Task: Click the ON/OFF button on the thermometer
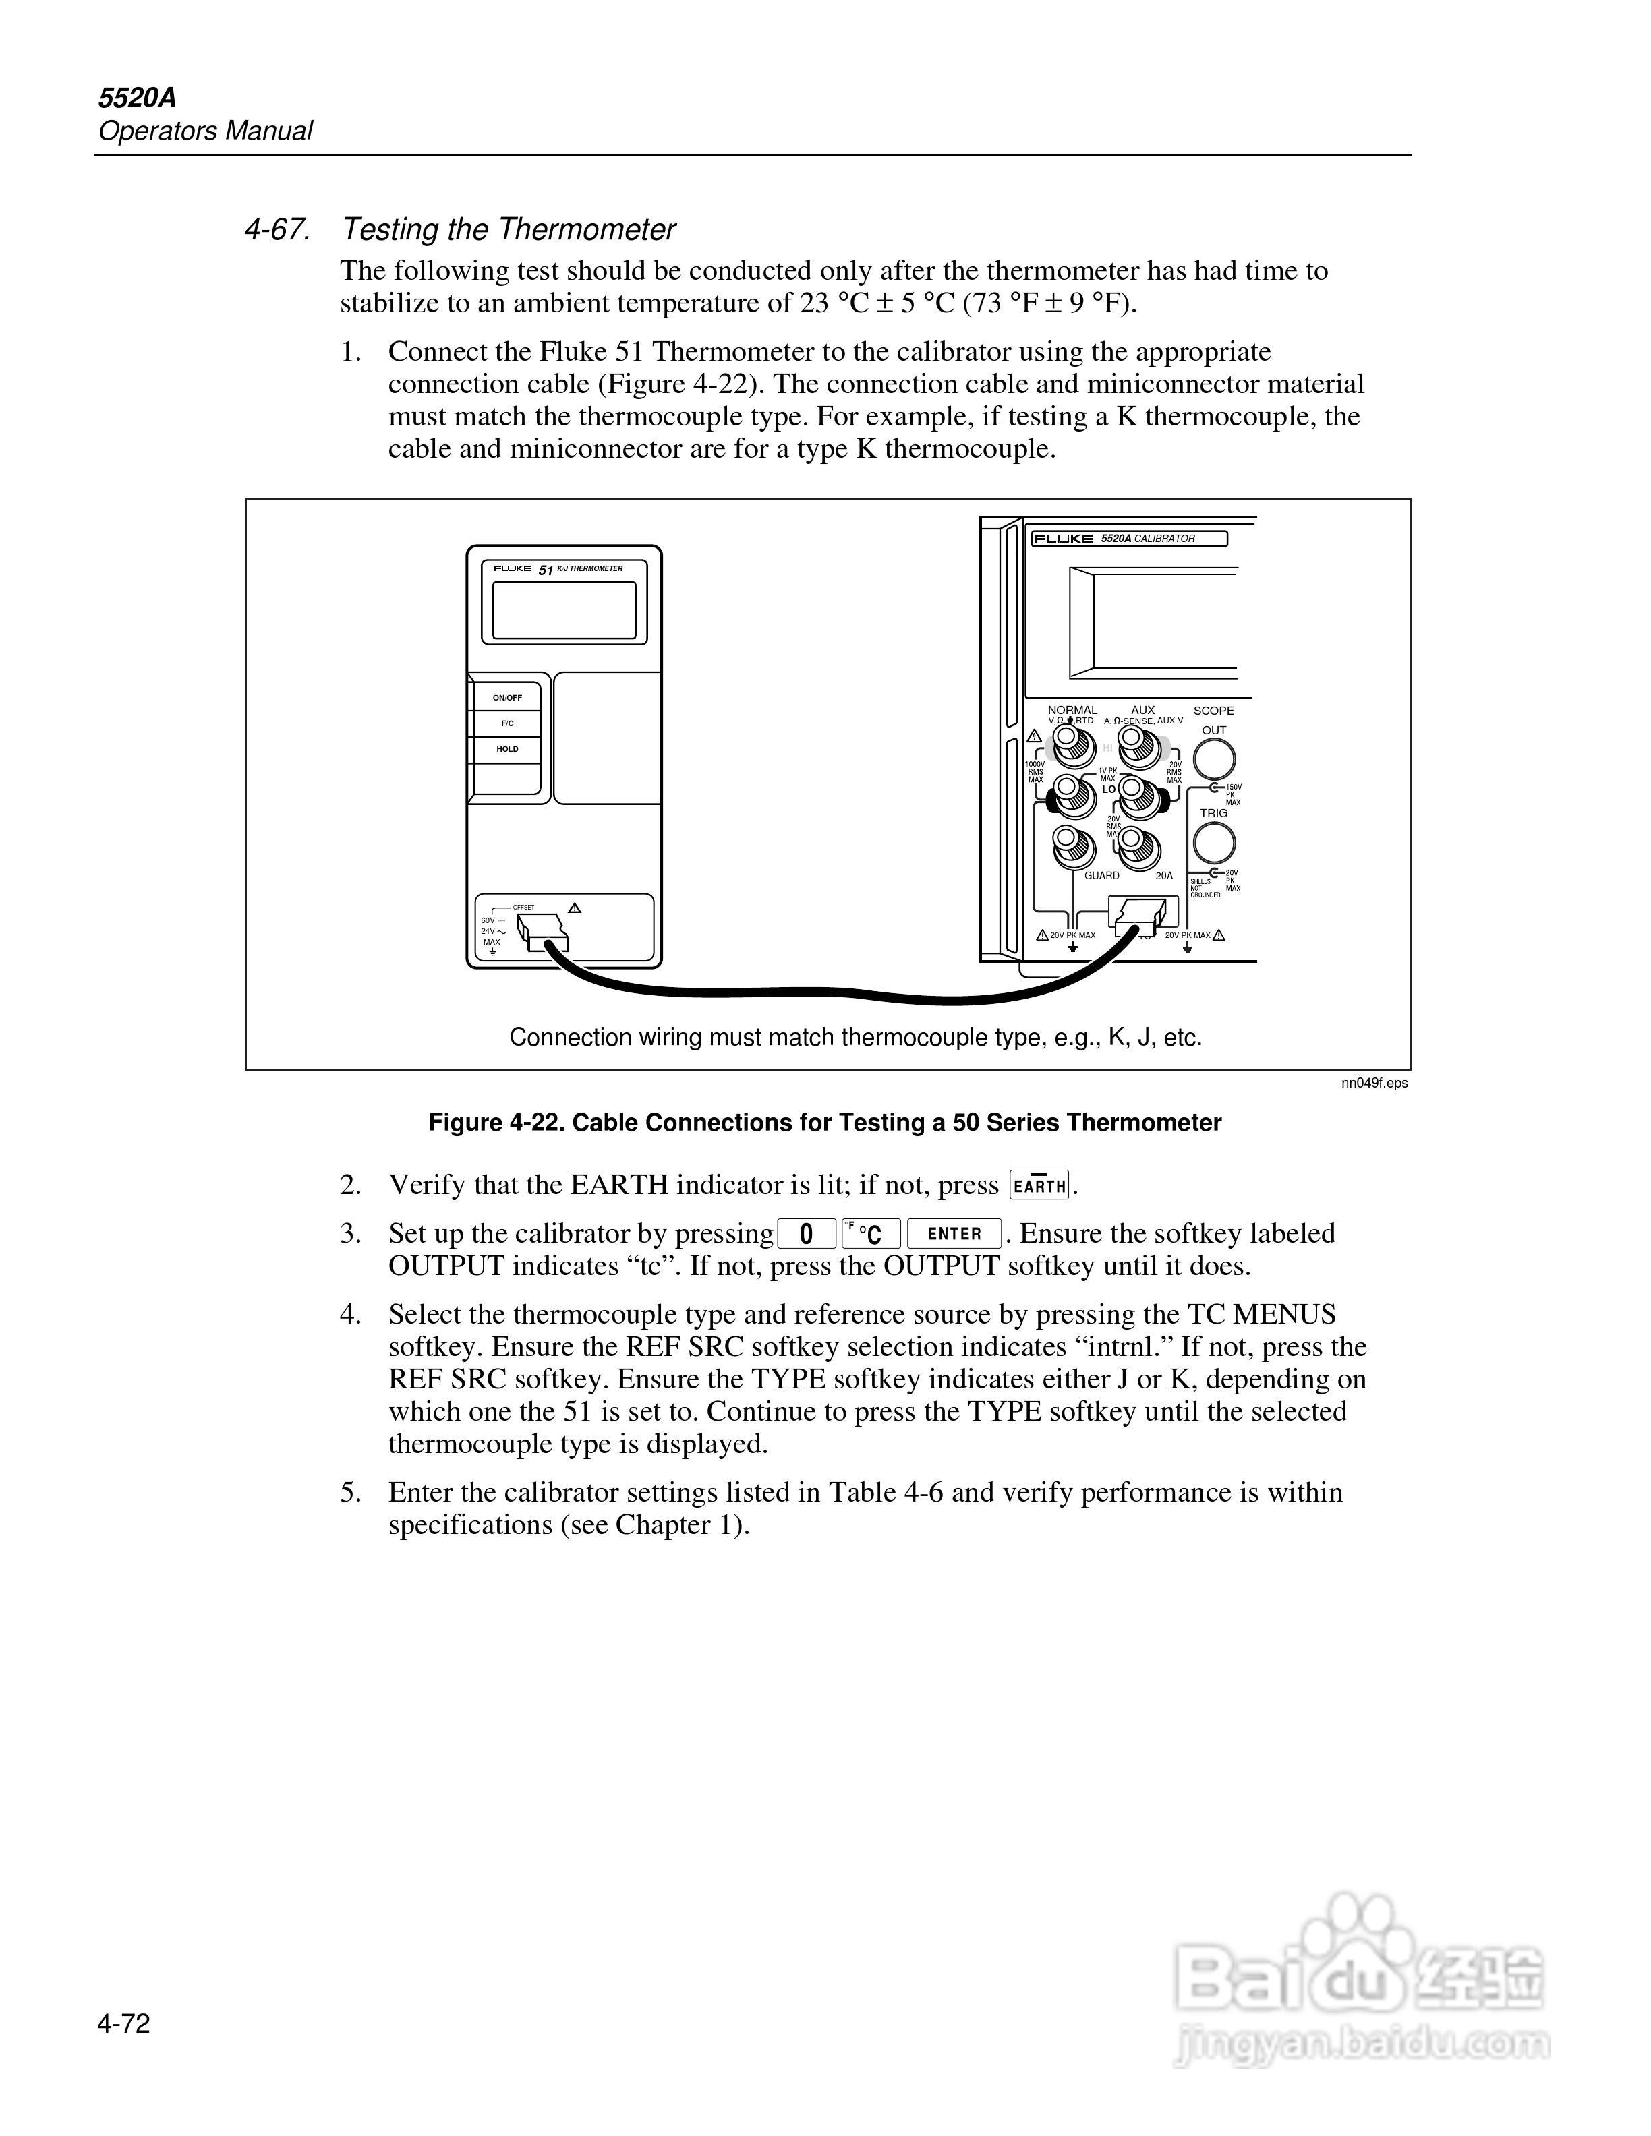point(506,697)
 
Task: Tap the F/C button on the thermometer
point(506,723)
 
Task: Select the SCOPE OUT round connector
point(1214,759)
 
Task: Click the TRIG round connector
point(1214,842)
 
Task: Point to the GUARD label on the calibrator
point(1101,875)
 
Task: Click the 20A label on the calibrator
point(1164,875)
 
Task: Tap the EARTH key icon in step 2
point(1039,1185)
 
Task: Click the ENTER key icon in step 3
point(954,1233)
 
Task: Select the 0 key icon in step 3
point(806,1233)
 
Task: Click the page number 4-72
point(123,2023)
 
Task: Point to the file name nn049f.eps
point(1374,1083)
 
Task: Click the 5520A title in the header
point(137,98)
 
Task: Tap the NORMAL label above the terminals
point(1072,710)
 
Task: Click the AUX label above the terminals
point(1142,710)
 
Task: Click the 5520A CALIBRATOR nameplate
point(1129,539)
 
